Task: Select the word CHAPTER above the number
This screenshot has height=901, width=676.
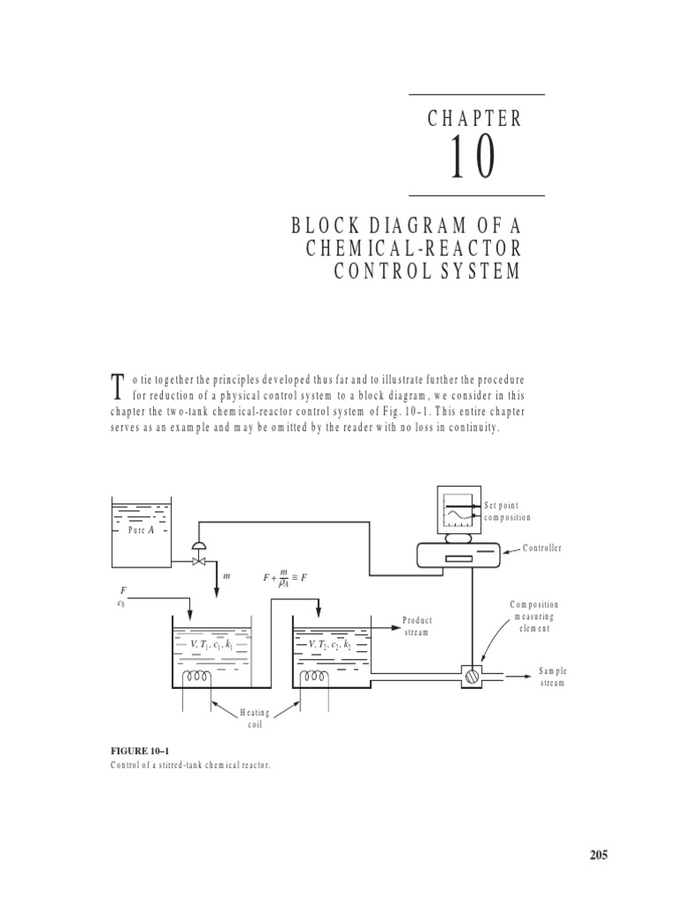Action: (475, 119)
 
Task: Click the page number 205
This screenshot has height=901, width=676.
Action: (599, 854)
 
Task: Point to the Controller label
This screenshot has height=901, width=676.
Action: (542, 548)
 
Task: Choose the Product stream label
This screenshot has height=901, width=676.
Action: (417, 626)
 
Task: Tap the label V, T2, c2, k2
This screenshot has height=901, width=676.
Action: (330, 644)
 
